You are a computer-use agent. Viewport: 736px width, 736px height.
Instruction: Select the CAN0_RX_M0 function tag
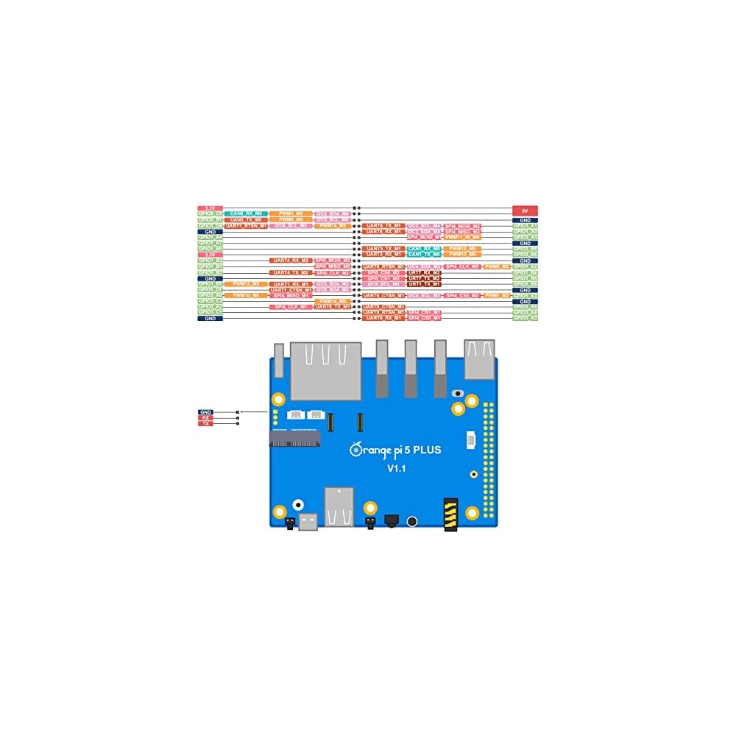(246, 213)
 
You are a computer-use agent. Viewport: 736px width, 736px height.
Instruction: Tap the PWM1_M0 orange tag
(291, 213)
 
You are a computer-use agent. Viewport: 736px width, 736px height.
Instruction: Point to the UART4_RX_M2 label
(291, 261)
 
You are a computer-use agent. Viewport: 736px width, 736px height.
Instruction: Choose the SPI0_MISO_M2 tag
(333, 266)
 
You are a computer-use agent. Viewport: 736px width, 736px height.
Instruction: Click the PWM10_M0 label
(246, 295)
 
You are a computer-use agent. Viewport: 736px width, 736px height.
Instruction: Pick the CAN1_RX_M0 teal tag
(424, 249)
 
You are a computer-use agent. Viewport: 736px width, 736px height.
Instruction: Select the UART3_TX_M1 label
(383, 249)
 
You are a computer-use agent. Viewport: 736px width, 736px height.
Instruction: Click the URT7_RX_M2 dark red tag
(424, 272)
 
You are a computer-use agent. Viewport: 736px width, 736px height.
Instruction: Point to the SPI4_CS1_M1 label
(424, 312)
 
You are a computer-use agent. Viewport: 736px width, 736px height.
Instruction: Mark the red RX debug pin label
(205, 418)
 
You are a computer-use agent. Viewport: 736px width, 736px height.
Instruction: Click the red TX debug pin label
(205, 424)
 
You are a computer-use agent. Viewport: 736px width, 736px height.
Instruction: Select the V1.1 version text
(398, 468)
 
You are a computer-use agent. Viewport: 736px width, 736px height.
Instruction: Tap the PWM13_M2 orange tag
(246, 283)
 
